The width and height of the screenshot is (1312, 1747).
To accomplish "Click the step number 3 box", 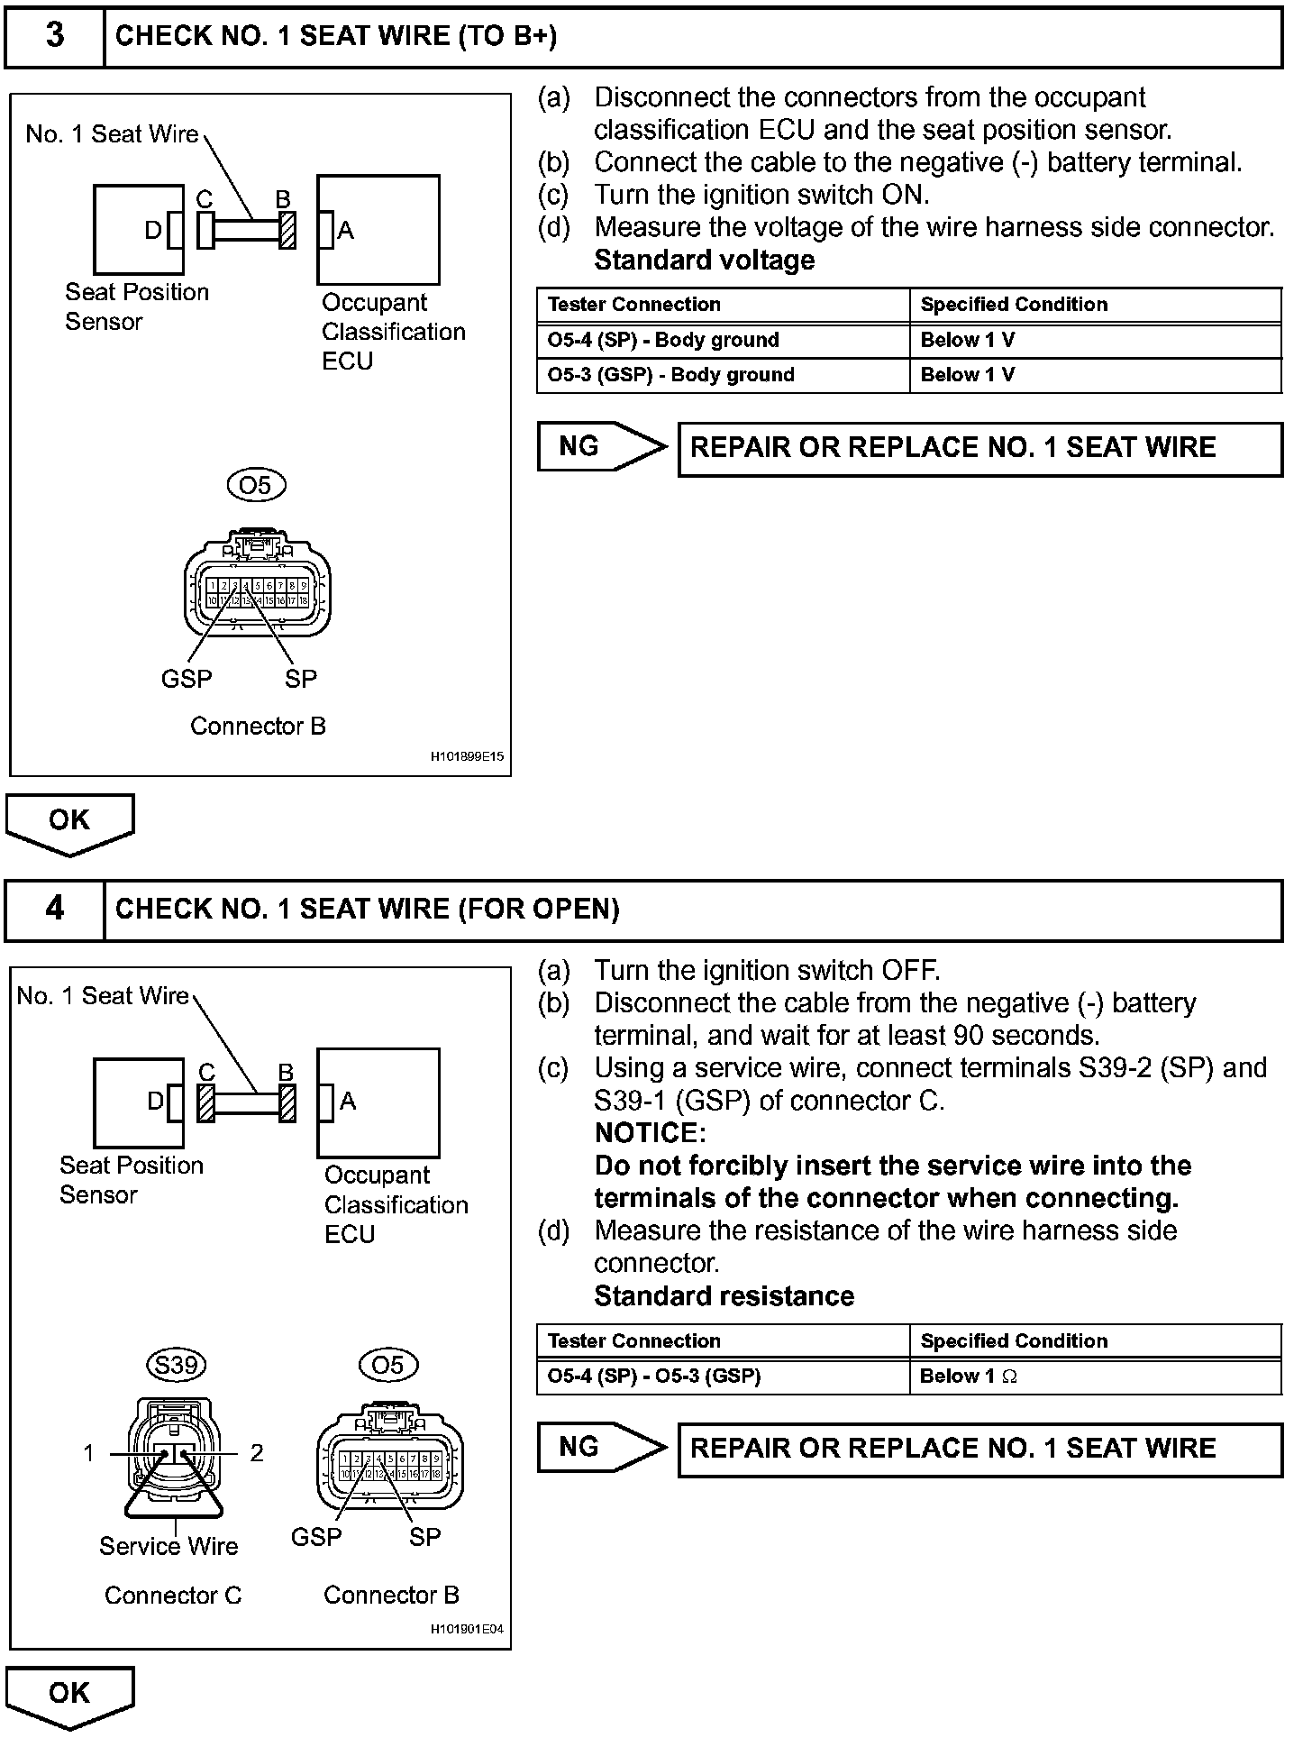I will point(55,36).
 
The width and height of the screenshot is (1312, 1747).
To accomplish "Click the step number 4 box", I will point(55,909).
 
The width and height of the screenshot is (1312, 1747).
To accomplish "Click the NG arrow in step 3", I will point(601,446).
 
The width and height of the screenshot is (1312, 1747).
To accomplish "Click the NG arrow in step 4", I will point(601,1447).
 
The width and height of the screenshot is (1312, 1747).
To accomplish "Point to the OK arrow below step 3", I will point(69,822).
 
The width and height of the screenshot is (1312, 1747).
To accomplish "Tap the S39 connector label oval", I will point(176,1365).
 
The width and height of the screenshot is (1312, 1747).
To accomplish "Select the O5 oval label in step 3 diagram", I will point(256,486).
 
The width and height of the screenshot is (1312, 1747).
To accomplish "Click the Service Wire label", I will point(169,1547).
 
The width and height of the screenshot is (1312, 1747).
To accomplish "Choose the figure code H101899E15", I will point(467,758).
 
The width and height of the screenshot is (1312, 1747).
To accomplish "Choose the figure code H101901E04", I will point(467,1629).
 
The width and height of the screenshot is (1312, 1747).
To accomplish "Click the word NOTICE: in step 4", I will point(651,1133).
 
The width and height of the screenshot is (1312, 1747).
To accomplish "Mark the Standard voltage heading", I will point(705,261).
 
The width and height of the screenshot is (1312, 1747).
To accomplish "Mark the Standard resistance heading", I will point(724,1296).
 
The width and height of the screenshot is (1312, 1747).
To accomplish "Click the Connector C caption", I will point(173,1596).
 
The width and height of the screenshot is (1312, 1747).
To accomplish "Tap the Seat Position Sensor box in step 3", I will point(138,230).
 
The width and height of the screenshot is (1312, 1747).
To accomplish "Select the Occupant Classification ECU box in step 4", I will point(378,1102).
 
